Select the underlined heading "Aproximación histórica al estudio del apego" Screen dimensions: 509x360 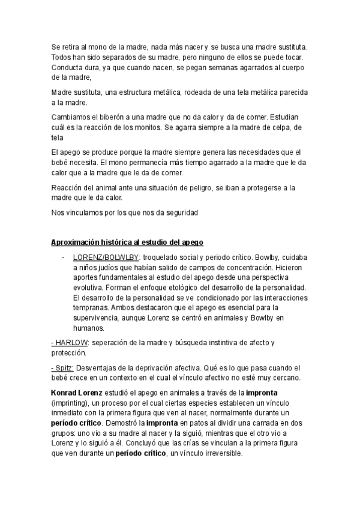pos(128,242)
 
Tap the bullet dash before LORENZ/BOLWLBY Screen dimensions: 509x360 pos(64,257)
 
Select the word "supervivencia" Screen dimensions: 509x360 pos(100,318)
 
